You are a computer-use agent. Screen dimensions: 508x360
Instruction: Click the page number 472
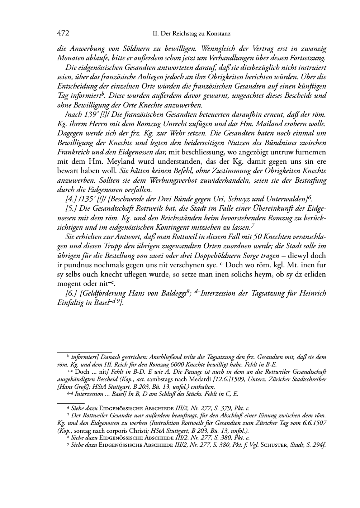(63, 33)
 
